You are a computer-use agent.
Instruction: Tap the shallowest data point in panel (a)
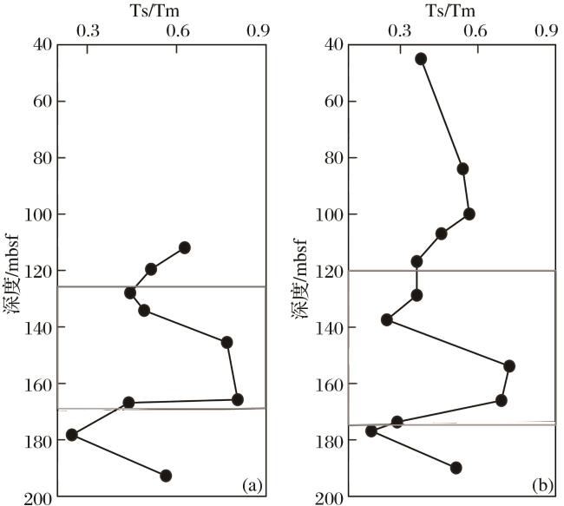coord(184,248)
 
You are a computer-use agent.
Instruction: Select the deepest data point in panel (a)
coord(166,476)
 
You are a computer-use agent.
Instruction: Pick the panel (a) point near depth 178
coord(72,435)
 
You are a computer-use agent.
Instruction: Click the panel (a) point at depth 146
coord(226,342)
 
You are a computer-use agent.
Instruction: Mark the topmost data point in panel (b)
coord(421,59)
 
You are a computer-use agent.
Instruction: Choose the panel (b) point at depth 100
coord(469,214)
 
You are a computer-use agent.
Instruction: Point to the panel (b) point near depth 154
coord(509,365)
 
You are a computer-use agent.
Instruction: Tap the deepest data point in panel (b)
coord(456,468)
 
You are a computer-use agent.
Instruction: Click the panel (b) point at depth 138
coord(387,320)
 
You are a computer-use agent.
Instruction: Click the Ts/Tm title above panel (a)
coord(161,10)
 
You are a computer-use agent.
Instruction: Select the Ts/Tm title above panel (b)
coord(451,10)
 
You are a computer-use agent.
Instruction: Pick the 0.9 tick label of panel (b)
coord(547,30)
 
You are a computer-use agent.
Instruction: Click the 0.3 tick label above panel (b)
coord(400,30)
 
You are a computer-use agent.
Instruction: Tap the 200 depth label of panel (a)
coord(39,497)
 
